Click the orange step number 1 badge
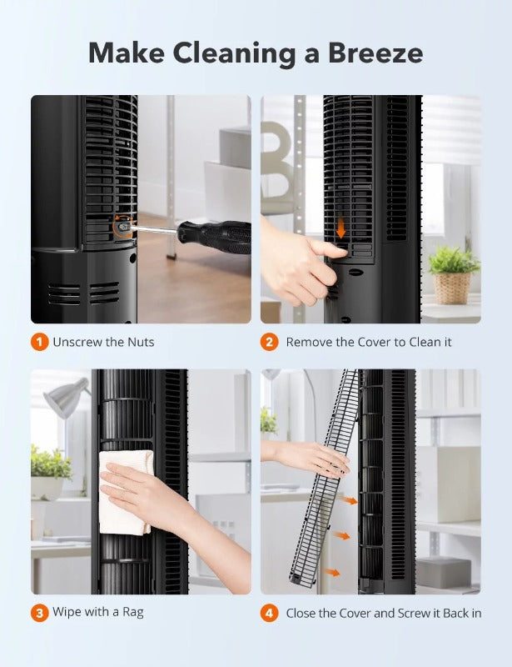pos(38,342)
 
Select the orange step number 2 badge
pos(269,342)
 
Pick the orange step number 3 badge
pos(38,613)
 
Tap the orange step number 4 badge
pos(269,613)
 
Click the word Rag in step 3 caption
pos(132,613)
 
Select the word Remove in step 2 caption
pos(310,342)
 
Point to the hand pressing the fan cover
pos(296,258)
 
